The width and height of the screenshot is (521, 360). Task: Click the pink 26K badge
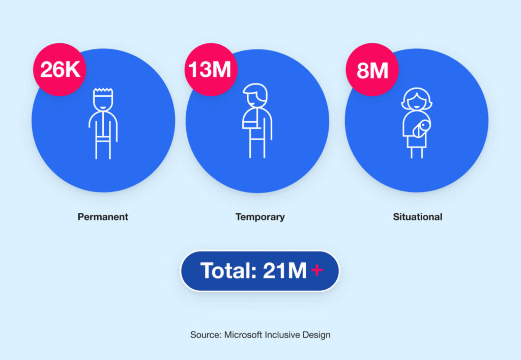[x=60, y=69]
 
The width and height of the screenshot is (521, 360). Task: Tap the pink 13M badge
[x=211, y=69]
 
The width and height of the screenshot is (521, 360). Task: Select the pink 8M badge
[x=372, y=69]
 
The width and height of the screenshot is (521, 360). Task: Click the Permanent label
[x=103, y=217]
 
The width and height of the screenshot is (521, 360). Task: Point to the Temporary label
[x=260, y=217]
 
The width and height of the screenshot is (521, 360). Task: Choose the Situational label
[x=418, y=217]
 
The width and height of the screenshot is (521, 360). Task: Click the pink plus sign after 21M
[x=317, y=270]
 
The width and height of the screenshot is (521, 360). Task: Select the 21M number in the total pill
[x=285, y=270]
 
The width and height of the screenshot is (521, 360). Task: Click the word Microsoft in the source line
[x=243, y=335]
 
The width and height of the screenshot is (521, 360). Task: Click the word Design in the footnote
[x=316, y=335]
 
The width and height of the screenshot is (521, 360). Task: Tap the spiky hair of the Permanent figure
[x=103, y=91]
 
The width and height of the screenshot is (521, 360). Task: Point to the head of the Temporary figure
[x=255, y=95]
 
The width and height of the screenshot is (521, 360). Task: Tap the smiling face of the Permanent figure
[x=103, y=102]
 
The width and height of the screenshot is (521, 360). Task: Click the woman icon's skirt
[x=417, y=142]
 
